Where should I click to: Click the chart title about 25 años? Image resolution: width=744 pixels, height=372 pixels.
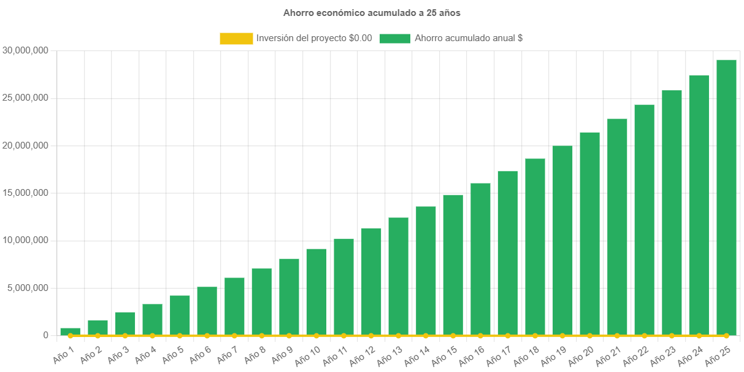[372, 12]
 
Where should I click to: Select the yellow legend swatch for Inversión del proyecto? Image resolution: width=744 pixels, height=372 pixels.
[236, 39]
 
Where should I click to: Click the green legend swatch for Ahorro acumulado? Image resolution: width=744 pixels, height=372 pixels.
[394, 39]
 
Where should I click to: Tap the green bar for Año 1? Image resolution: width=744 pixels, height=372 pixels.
[70, 331]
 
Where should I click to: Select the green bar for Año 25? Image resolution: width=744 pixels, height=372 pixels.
[726, 196]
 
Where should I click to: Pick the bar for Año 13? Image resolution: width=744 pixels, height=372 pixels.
[398, 276]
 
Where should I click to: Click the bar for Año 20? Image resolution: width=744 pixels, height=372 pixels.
[589, 233]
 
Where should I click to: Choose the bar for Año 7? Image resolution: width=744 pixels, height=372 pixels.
[234, 306]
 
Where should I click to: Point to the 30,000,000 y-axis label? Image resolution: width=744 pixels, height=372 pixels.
[26, 50]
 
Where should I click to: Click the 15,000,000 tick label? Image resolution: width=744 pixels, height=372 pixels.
[26, 193]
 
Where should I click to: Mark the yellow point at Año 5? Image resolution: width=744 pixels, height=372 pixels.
[180, 336]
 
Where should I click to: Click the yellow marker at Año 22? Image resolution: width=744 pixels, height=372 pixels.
[644, 336]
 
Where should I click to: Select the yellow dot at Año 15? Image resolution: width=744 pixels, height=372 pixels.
[453, 336]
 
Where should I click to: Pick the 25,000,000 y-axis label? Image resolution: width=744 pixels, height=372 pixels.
[26, 98]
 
